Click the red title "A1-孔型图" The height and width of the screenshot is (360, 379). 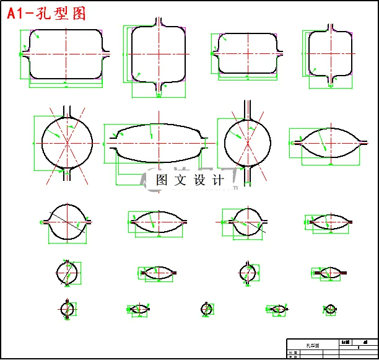47,14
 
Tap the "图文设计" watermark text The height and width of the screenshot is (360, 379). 189,180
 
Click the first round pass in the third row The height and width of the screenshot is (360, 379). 66,221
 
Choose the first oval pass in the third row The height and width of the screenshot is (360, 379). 159,221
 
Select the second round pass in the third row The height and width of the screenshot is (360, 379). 247,221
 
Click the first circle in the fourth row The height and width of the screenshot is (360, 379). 68,272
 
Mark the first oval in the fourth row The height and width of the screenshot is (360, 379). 159,272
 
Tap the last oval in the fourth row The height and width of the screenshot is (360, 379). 330,273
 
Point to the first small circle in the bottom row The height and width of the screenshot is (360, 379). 68,309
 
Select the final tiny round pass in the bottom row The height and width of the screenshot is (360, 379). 331,309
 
